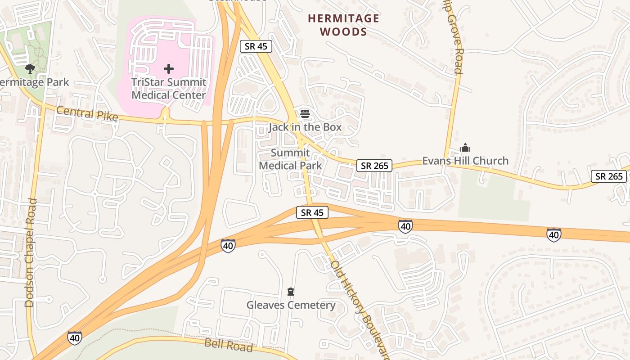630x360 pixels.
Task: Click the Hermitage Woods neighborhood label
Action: (344, 25)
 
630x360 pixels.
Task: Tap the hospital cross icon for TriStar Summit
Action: (169, 69)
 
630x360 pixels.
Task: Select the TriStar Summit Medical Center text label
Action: (169, 89)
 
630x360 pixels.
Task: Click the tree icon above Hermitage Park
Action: (30, 69)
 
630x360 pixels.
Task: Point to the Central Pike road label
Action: (87, 114)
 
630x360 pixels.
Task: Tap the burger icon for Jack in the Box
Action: (305, 114)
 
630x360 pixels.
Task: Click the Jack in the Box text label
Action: (305, 127)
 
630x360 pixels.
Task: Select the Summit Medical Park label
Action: (291, 159)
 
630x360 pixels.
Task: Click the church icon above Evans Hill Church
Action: (465, 148)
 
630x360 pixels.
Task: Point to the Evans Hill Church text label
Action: (465, 161)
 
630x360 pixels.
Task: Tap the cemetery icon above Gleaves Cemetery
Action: (291, 292)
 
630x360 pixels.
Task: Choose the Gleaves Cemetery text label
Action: (291, 306)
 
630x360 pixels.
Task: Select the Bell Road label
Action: (229, 345)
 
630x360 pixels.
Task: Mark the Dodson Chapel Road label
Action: (30, 252)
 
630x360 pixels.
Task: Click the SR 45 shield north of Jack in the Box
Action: (256, 46)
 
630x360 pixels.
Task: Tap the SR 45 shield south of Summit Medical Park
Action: (312, 213)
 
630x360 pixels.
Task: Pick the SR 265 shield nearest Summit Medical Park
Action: (374, 166)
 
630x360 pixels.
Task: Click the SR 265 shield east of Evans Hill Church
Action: (609, 176)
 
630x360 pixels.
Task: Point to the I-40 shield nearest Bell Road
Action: (75, 338)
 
